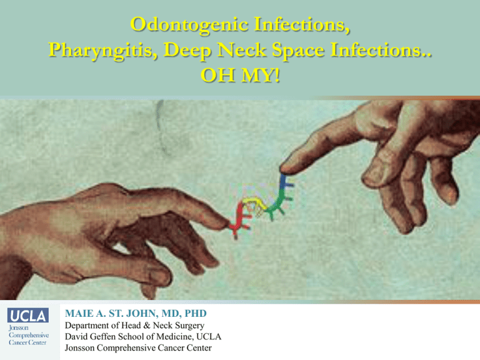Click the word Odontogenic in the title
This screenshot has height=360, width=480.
pyautogui.click(x=189, y=25)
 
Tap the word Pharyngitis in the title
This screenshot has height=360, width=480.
pyautogui.click(x=103, y=50)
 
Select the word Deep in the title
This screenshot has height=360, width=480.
pyautogui.click(x=187, y=51)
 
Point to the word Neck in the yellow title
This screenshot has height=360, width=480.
pyautogui.click(x=241, y=49)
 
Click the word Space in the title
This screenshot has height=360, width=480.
pyautogui.click(x=298, y=51)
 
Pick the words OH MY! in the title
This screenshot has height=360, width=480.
pyautogui.click(x=240, y=75)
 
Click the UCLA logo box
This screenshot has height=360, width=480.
pyautogui.click(x=28, y=315)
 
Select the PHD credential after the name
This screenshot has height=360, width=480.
pyautogui.click(x=196, y=314)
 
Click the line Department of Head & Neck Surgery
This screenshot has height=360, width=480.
pyautogui.click(x=134, y=325)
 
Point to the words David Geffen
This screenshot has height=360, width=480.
pyautogui.click(x=90, y=336)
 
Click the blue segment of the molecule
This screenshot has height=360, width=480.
pyautogui.click(x=286, y=183)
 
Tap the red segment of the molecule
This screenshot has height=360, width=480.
pyautogui.click(x=240, y=220)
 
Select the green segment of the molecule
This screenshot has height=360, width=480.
pyautogui.click(x=279, y=205)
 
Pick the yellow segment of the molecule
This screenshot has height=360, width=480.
pyautogui.click(x=255, y=204)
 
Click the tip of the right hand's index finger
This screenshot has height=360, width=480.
pyautogui.click(x=282, y=169)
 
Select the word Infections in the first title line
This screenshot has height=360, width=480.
pyautogui.click(x=302, y=24)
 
